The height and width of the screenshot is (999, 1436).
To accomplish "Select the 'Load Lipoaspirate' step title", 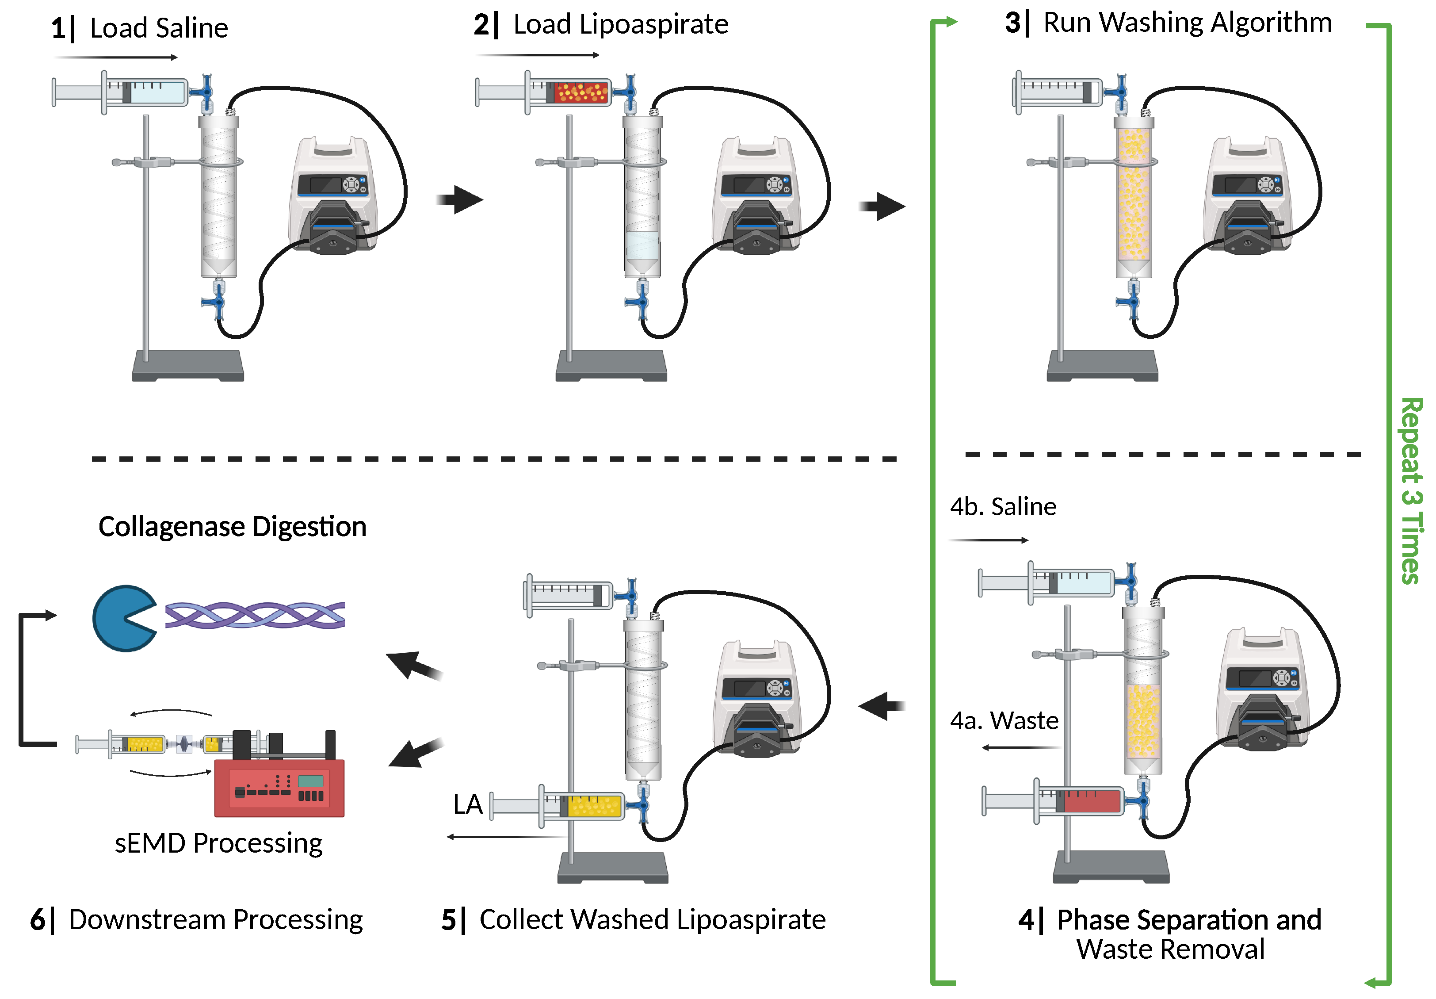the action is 600,25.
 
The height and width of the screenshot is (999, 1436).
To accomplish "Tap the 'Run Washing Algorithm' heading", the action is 1169,23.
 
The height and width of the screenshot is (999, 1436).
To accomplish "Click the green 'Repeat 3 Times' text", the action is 1412,490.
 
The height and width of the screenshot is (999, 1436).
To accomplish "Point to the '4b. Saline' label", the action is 1003,506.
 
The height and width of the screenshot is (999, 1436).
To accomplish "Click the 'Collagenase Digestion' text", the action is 232,527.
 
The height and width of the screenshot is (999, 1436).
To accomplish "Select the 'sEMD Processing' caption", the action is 218,843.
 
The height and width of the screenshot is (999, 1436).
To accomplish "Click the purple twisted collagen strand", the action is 255,615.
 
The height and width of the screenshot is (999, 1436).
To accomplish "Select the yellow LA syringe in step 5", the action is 557,806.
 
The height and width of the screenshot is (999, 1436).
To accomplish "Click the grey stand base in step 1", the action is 187,365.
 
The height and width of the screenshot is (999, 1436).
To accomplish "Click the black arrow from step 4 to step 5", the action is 882,706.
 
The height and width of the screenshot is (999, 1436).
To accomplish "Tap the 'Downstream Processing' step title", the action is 196,920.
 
